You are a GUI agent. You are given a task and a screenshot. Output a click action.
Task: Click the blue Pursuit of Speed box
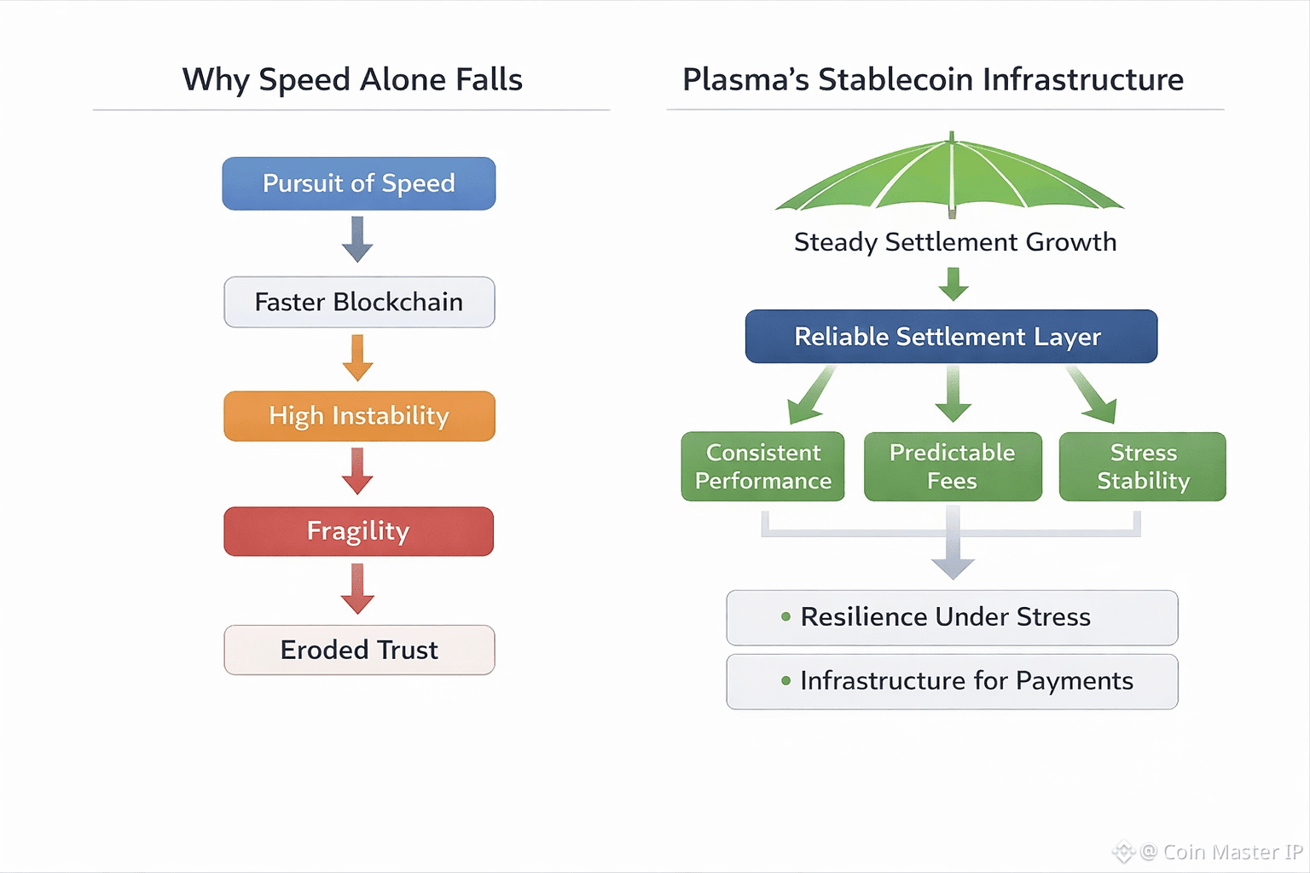[x=358, y=183]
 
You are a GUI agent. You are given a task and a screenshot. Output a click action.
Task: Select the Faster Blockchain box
[x=358, y=302]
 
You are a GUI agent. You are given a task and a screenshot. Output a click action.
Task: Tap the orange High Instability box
[x=358, y=416]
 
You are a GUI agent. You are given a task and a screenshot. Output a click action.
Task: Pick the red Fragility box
[x=358, y=531]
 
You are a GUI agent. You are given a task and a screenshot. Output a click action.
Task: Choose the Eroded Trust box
[x=358, y=650]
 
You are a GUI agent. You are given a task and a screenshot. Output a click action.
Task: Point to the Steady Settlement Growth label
[x=954, y=242]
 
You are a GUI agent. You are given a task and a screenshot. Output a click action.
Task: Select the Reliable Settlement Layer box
[x=950, y=337]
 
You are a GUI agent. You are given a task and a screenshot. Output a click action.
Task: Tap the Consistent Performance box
[x=762, y=466]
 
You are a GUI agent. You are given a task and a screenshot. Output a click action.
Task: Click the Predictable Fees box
[x=952, y=466]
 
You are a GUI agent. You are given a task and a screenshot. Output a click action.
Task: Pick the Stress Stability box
[x=1142, y=466]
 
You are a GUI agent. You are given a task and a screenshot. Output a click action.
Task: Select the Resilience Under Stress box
[x=952, y=617]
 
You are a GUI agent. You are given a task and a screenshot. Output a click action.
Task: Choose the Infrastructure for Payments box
[x=952, y=681]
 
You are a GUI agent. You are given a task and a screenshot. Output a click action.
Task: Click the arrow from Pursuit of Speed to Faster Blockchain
[x=357, y=240]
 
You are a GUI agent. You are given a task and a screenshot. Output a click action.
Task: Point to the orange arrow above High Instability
[x=357, y=358]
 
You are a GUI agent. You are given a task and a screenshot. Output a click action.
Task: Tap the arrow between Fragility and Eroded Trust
[x=357, y=589]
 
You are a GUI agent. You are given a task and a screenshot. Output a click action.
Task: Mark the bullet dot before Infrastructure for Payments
[x=785, y=680]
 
